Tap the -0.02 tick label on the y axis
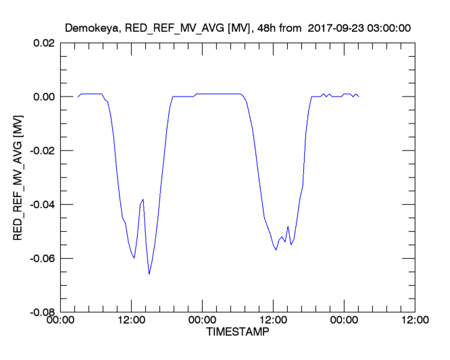[x=41, y=151]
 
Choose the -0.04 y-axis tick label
[x=41, y=205]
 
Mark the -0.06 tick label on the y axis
[x=41, y=259]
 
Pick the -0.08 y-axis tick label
[x=41, y=313]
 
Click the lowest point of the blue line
[x=149, y=274]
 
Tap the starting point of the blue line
[x=78, y=97]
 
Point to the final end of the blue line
[x=359, y=97]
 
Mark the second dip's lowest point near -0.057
[x=276, y=250]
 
